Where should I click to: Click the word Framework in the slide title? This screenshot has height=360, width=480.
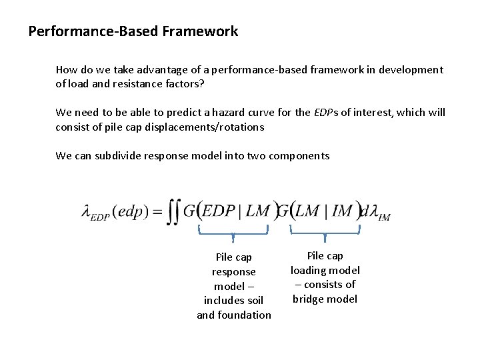[x=199, y=31]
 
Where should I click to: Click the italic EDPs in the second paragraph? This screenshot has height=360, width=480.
[x=327, y=112]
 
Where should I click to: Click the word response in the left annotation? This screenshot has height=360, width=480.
[x=233, y=271]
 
